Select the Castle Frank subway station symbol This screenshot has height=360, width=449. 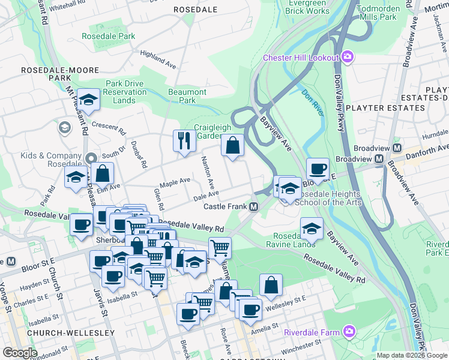tap(254, 206)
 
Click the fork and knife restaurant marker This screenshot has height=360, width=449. tap(184, 142)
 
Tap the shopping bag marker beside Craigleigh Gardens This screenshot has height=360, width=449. tap(232, 146)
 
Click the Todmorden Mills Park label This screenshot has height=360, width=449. tap(385, 13)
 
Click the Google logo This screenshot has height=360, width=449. tap(19, 353)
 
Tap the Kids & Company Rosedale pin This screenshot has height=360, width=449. tap(92, 159)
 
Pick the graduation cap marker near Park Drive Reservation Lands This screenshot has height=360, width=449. tap(89, 100)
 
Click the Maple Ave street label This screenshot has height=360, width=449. tap(175, 180)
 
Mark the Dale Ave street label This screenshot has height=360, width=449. tap(205, 196)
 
